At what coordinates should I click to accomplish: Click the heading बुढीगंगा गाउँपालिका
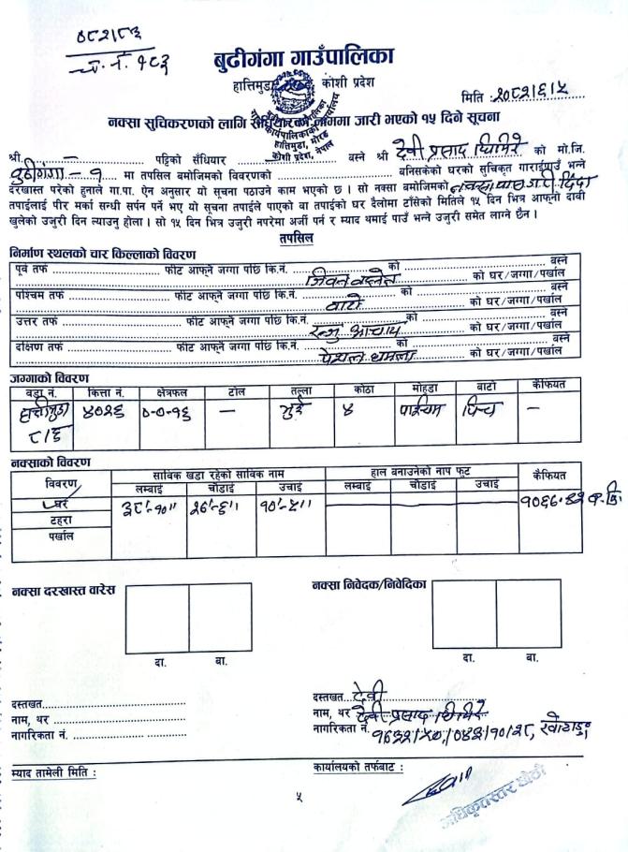click(x=303, y=56)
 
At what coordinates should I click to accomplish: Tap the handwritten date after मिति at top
click(x=542, y=94)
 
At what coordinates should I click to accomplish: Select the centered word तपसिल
click(x=296, y=239)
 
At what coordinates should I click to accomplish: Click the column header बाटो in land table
click(x=484, y=388)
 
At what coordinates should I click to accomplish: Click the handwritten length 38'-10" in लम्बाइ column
click(x=148, y=510)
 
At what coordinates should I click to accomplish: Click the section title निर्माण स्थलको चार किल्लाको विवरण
click(x=102, y=255)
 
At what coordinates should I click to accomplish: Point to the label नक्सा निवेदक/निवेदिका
click(x=369, y=585)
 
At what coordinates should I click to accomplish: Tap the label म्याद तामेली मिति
click(x=53, y=773)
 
